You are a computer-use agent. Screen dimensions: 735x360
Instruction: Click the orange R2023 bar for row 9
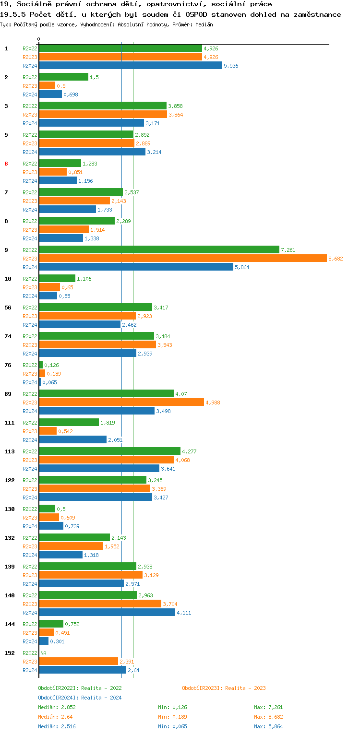coord(182,258)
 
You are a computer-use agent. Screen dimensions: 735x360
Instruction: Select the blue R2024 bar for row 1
coord(130,66)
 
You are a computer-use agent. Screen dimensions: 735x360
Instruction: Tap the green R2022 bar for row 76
coord(41,365)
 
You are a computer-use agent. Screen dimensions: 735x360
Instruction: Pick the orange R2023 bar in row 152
coord(78,661)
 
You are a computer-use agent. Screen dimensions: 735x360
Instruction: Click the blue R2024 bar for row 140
coord(107,612)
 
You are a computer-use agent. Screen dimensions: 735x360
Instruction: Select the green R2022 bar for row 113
coord(109,451)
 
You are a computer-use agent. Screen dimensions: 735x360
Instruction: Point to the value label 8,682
coord(336,259)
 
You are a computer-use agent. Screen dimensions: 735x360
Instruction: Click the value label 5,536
coord(231,66)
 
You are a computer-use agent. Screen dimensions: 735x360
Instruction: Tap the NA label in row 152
coord(43,653)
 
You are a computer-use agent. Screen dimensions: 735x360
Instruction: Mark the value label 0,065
coord(49,382)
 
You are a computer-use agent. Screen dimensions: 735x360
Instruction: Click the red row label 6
coord(6,164)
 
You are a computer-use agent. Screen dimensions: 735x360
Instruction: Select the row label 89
coord(8,394)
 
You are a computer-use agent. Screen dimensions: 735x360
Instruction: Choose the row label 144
coord(9,624)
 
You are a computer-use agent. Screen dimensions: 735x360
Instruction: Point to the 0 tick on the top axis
coord(39,39)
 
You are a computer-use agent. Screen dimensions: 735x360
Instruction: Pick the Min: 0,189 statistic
coord(172,717)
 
